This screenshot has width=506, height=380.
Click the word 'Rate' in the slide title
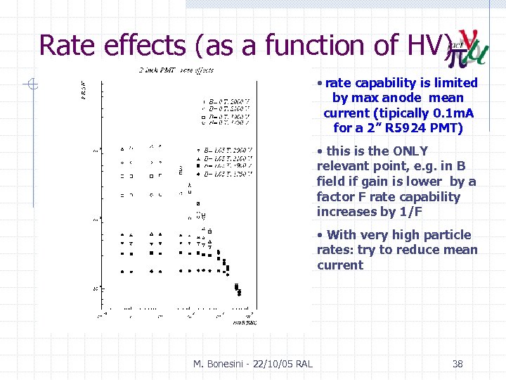point(67,45)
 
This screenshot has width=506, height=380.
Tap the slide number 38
point(458,364)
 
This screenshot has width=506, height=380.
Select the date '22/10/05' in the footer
point(271,364)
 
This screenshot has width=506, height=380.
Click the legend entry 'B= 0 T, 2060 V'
point(225,101)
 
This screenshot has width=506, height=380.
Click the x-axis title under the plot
point(244,322)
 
